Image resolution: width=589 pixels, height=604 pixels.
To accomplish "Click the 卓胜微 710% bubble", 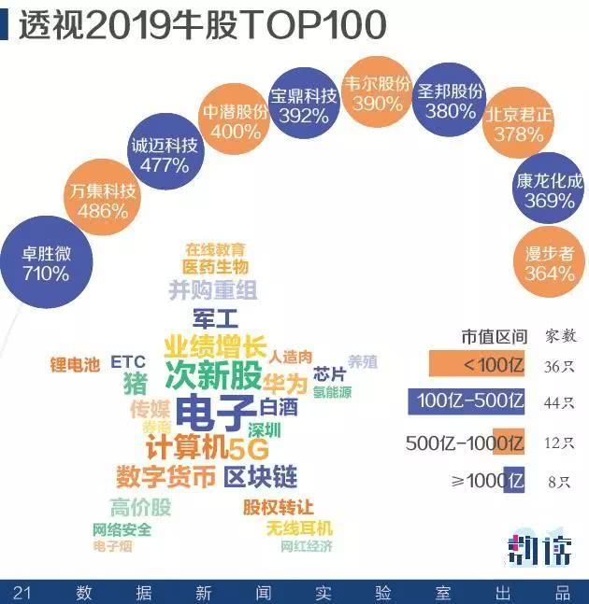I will click(x=47, y=263).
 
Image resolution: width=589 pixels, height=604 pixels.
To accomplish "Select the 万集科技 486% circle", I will click(x=103, y=201).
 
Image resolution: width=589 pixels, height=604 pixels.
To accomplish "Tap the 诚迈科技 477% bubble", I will click(x=165, y=155).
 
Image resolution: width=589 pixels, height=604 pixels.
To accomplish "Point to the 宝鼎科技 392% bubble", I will click(x=304, y=105).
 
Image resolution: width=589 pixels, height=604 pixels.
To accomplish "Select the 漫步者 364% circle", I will click(x=550, y=263).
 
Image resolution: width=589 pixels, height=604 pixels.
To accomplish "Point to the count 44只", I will click(x=559, y=402).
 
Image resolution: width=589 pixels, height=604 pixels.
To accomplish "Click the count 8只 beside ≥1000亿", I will click(x=559, y=482).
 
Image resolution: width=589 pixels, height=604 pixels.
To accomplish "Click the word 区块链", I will click(x=260, y=477).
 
